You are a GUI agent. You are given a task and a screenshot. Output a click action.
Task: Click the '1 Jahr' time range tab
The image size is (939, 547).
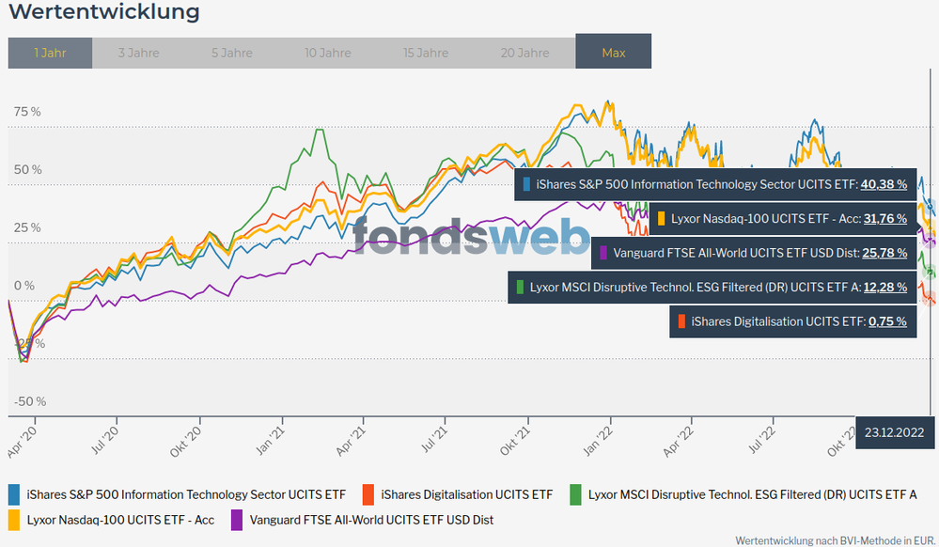coord(50,53)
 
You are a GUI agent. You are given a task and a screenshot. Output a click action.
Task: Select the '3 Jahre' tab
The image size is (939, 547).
coord(138,53)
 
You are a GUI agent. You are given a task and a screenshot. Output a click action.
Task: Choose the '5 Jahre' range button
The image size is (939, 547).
coord(231,53)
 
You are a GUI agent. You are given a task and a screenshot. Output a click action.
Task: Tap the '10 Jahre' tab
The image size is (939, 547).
coord(328,53)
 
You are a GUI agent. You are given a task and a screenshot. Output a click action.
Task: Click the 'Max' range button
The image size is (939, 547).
coord(613,53)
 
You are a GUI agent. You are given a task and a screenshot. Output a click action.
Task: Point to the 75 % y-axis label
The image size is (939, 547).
coord(27,112)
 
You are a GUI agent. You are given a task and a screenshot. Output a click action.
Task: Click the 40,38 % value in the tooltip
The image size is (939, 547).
coord(884,185)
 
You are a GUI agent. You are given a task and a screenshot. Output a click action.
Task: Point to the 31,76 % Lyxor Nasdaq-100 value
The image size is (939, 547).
coord(884,219)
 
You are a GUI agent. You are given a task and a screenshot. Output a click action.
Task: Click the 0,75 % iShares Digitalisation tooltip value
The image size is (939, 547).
coord(887,321)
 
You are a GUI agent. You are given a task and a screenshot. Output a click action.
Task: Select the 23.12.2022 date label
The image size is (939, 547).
coord(893,433)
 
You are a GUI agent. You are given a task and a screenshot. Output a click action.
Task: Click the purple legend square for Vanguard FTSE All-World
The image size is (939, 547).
coord(237,519)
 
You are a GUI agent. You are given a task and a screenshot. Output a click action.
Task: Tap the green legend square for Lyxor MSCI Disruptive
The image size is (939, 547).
coord(575,493)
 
